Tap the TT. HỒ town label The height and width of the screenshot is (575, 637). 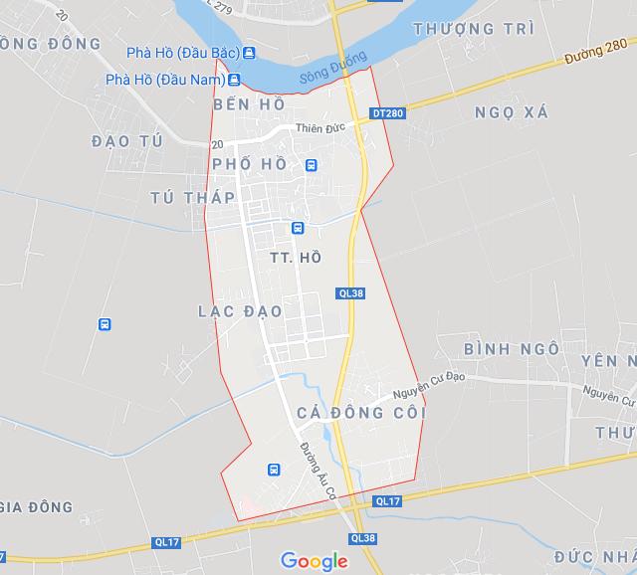pyautogui.click(x=296, y=258)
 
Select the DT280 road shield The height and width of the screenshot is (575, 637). pyautogui.click(x=390, y=113)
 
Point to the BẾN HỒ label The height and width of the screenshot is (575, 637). pyautogui.click(x=249, y=104)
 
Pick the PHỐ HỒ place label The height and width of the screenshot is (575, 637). pyautogui.click(x=250, y=164)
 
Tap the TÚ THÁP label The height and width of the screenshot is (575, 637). pyautogui.click(x=193, y=197)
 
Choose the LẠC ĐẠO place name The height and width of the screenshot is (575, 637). pyautogui.click(x=240, y=311)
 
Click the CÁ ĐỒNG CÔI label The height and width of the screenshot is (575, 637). pyautogui.click(x=360, y=412)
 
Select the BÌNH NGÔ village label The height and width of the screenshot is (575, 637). pyautogui.click(x=512, y=349)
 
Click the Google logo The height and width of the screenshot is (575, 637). pyautogui.click(x=315, y=561)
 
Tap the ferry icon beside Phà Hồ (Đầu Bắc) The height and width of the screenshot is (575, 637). pyautogui.click(x=248, y=53)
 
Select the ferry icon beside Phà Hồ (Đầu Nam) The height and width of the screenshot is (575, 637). pyautogui.click(x=235, y=80)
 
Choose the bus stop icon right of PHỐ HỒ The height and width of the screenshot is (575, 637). pyautogui.click(x=312, y=166)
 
